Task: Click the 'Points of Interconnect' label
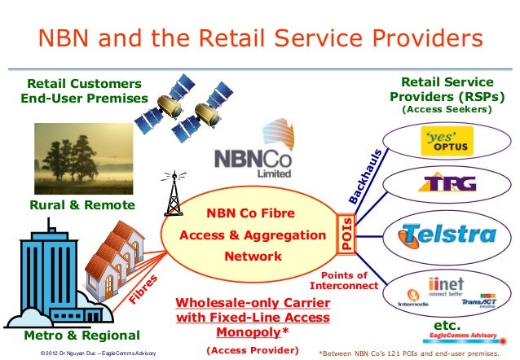pyautogui.click(x=345, y=281)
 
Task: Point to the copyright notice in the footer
pyautogui.click(x=90, y=352)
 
